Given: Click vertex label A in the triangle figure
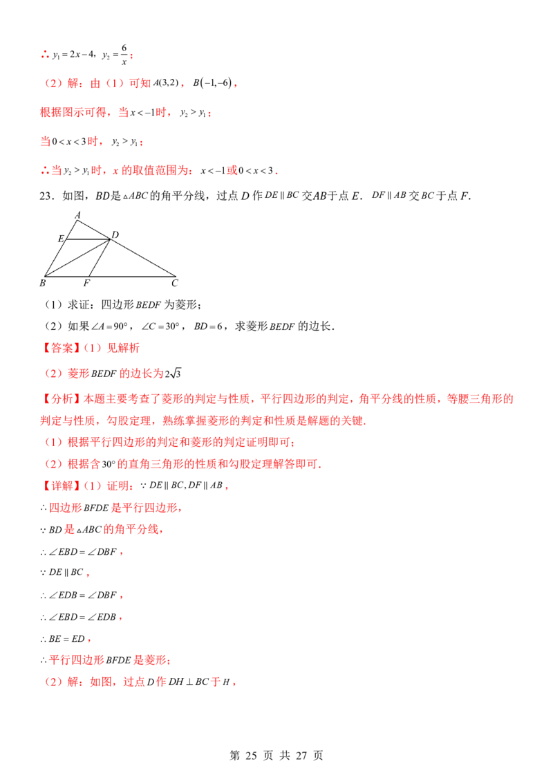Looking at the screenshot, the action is pyautogui.click(x=77, y=215).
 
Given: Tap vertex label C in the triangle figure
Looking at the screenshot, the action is pyautogui.click(x=175, y=283).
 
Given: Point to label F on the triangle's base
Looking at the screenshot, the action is pyautogui.click(x=86, y=283).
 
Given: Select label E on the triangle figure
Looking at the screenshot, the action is pyautogui.click(x=61, y=239).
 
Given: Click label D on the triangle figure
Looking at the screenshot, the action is pyautogui.click(x=115, y=234).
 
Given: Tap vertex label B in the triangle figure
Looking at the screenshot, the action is pyautogui.click(x=42, y=283).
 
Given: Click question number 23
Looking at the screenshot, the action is pyautogui.click(x=46, y=196).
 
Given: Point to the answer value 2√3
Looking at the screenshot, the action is pyautogui.click(x=174, y=374).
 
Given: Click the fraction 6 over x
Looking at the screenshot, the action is pyautogui.click(x=124, y=55).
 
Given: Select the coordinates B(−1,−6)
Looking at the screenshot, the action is pyautogui.click(x=213, y=83).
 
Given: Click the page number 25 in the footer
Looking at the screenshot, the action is pyautogui.click(x=251, y=755).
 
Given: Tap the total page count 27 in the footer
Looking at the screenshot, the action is pyautogui.click(x=301, y=755).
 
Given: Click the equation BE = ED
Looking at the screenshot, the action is pyautogui.click(x=67, y=638).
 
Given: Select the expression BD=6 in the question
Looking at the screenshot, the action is pyautogui.click(x=208, y=326).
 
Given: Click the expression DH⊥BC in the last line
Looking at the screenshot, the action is pyautogui.click(x=189, y=682).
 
